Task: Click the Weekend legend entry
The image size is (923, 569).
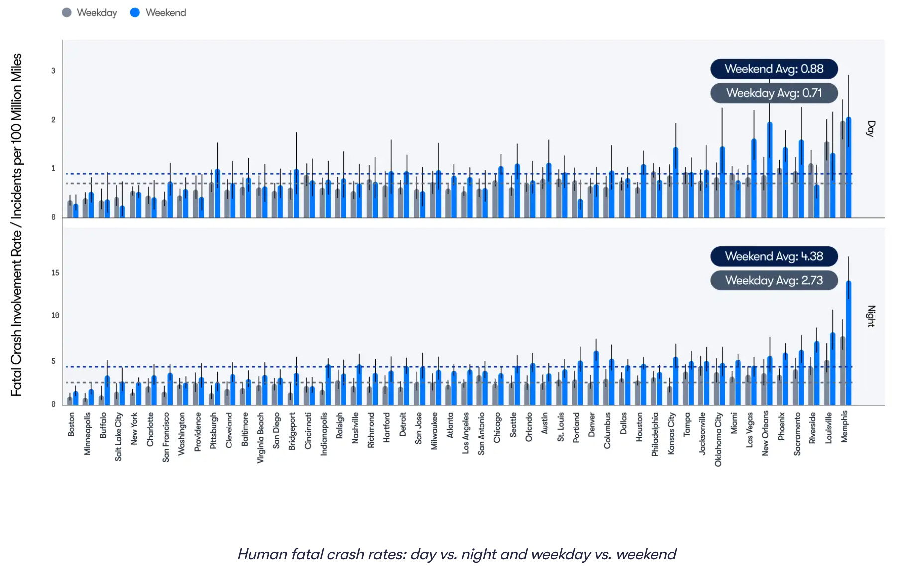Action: click(158, 13)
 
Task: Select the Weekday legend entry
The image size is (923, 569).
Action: click(90, 13)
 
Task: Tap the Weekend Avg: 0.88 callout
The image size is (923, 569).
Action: click(774, 69)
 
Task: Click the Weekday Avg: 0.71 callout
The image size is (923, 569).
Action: click(774, 93)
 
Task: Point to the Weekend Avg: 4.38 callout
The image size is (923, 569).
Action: click(774, 256)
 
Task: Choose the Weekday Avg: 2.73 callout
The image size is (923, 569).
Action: click(774, 280)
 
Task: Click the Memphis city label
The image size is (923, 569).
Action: click(844, 427)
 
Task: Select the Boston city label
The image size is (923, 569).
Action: click(71, 425)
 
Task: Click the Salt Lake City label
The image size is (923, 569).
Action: click(118, 436)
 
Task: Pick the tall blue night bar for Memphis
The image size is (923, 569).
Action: click(848, 343)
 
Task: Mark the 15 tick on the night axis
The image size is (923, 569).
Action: click(55, 273)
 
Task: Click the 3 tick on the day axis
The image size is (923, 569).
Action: click(53, 71)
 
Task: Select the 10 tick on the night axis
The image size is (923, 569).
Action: click(55, 315)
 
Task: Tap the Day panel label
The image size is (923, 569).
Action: click(871, 129)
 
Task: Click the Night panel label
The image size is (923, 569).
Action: click(871, 316)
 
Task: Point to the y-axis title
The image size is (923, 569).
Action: click(16, 225)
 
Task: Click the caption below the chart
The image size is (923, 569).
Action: click(457, 554)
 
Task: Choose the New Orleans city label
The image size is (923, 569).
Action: click(765, 433)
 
